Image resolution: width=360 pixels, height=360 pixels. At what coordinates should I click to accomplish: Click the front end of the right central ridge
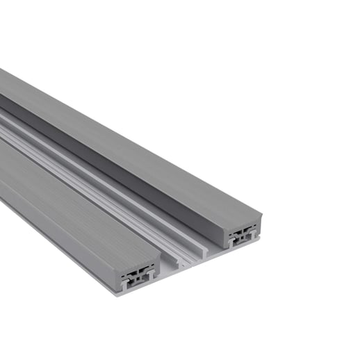(204, 246)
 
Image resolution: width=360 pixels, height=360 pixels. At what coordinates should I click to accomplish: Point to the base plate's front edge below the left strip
(139, 289)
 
